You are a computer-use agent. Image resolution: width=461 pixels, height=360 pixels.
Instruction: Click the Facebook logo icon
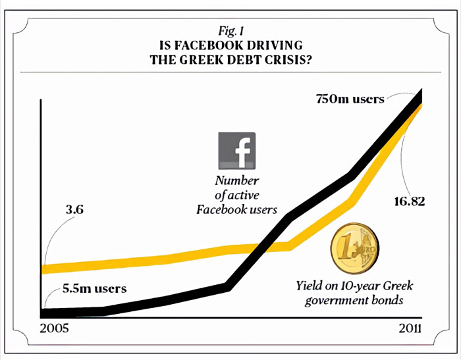pos(237,151)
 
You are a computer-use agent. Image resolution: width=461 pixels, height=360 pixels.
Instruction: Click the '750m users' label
pos(349,99)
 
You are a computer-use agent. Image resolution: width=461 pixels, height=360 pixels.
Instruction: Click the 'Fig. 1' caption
pos(231,31)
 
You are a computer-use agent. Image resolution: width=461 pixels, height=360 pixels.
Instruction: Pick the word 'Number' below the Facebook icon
pos(237,181)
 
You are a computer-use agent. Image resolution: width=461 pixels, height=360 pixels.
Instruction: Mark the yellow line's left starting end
pos(44,269)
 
